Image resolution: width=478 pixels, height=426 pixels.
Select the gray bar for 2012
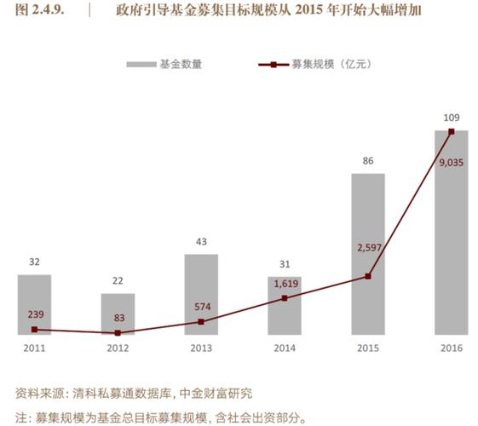coord(118,314)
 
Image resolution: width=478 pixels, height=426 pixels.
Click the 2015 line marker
coord(368,276)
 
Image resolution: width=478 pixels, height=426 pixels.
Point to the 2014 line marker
coord(285,298)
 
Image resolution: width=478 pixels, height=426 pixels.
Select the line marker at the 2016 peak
coord(452,131)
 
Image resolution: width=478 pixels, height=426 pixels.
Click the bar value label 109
coord(451,117)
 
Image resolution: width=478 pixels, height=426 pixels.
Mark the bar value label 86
coord(368,160)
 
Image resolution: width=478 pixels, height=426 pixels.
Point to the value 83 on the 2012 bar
coord(118,318)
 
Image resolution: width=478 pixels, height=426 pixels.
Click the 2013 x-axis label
coord(201,348)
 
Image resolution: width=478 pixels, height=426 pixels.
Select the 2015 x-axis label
coord(368,348)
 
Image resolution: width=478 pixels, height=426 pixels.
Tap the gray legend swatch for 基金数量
coord(140,64)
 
